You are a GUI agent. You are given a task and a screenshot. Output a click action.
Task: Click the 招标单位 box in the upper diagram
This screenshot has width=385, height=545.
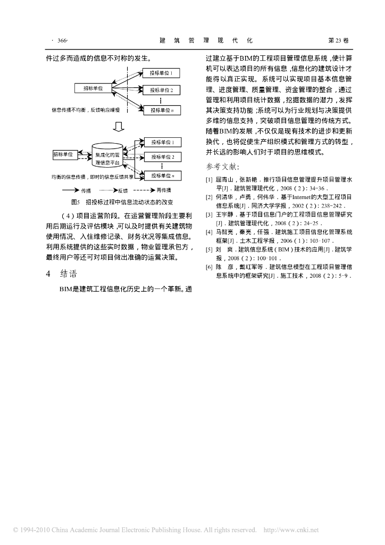[x=93, y=88]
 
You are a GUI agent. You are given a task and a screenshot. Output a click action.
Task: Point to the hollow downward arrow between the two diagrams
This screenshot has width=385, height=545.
[x=119, y=127]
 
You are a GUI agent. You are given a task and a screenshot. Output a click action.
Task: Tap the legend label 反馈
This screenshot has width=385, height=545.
[x=122, y=190]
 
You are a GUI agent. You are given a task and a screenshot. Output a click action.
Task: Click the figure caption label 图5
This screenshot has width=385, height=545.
[x=74, y=202]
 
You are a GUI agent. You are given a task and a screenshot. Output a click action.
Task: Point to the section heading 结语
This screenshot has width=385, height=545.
[x=69, y=275]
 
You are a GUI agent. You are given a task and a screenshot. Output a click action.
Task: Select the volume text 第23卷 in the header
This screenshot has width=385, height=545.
[x=339, y=40]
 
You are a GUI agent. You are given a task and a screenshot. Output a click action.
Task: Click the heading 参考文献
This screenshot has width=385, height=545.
[x=219, y=167]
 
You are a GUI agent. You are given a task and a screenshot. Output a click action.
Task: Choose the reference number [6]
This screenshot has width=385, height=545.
[x=209, y=267]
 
